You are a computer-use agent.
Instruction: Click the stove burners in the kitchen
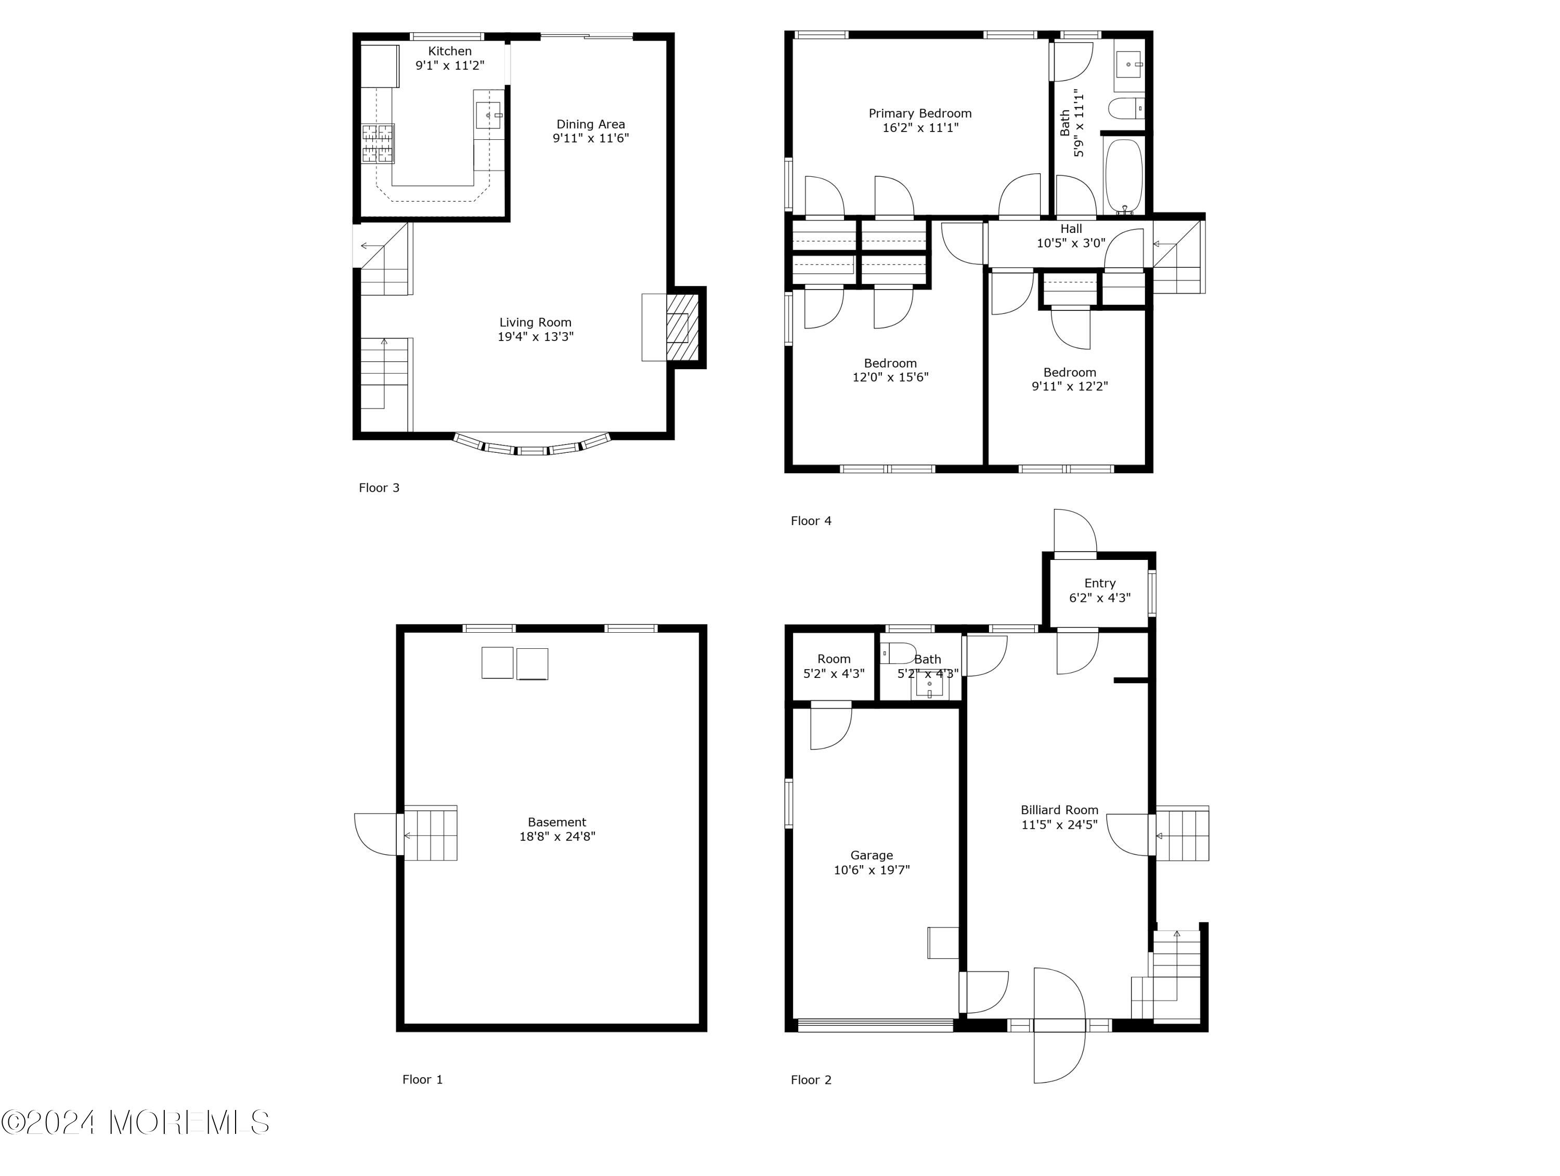coord(378,143)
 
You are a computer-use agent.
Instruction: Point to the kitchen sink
coord(489,115)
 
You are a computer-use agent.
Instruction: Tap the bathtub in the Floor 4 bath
coord(1123,175)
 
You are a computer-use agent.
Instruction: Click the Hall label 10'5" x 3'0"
coord(1071,236)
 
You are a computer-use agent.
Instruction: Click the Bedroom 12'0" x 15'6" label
coord(890,370)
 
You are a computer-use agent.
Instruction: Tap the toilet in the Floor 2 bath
coord(899,653)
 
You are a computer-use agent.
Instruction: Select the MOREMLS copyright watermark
coord(135,1123)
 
